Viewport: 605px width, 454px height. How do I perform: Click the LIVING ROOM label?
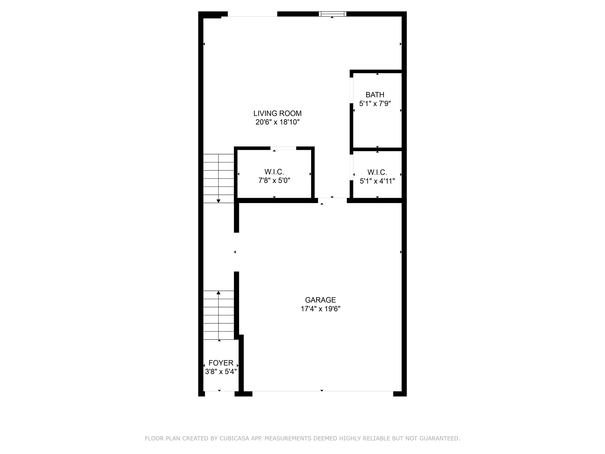pyautogui.click(x=277, y=113)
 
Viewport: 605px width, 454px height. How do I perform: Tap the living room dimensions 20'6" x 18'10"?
pyautogui.click(x=277, y=122)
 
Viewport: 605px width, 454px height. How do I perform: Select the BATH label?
pyautogui.click(x=375, y=95)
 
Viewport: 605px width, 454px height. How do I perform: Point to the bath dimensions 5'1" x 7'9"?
pyautogui.click(x=375, y=104)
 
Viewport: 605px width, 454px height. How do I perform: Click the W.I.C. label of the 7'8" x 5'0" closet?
pyautogui.click(x=274, y=172)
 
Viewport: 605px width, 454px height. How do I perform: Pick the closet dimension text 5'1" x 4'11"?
pyautogui.click(x=377, y=181)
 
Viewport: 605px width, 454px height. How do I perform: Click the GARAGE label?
pyautogui.click(x=320, y=300)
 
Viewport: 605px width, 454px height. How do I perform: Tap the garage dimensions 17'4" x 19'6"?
pyautogui.click(x=320, y=309)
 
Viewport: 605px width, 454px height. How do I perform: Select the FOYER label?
pyautogui.click(x=221, y=363)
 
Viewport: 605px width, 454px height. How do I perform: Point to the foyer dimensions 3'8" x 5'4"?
pyautogui.click(x=221, y=372)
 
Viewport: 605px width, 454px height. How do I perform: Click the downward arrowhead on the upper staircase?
pyautogui.click(x=219, y=201)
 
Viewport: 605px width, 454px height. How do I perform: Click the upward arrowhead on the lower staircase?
pyautogui.click(x=219, y=293)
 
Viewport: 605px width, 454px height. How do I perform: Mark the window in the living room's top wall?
pyautogui.click(x=332, y=14)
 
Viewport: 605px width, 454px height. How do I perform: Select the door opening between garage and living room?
pyautogui.click(x=332, y=200)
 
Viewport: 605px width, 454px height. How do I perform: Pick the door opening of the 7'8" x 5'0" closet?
pyautogui.click(x=283, y=148)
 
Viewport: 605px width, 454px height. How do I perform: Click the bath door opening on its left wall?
pyautogui.click(x=352, y=90)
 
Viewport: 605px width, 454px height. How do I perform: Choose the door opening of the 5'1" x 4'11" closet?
pyautogui.click(x=352, y=167)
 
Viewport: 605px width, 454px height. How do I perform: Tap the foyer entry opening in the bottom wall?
pyautogui.click(x=219, y=393)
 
